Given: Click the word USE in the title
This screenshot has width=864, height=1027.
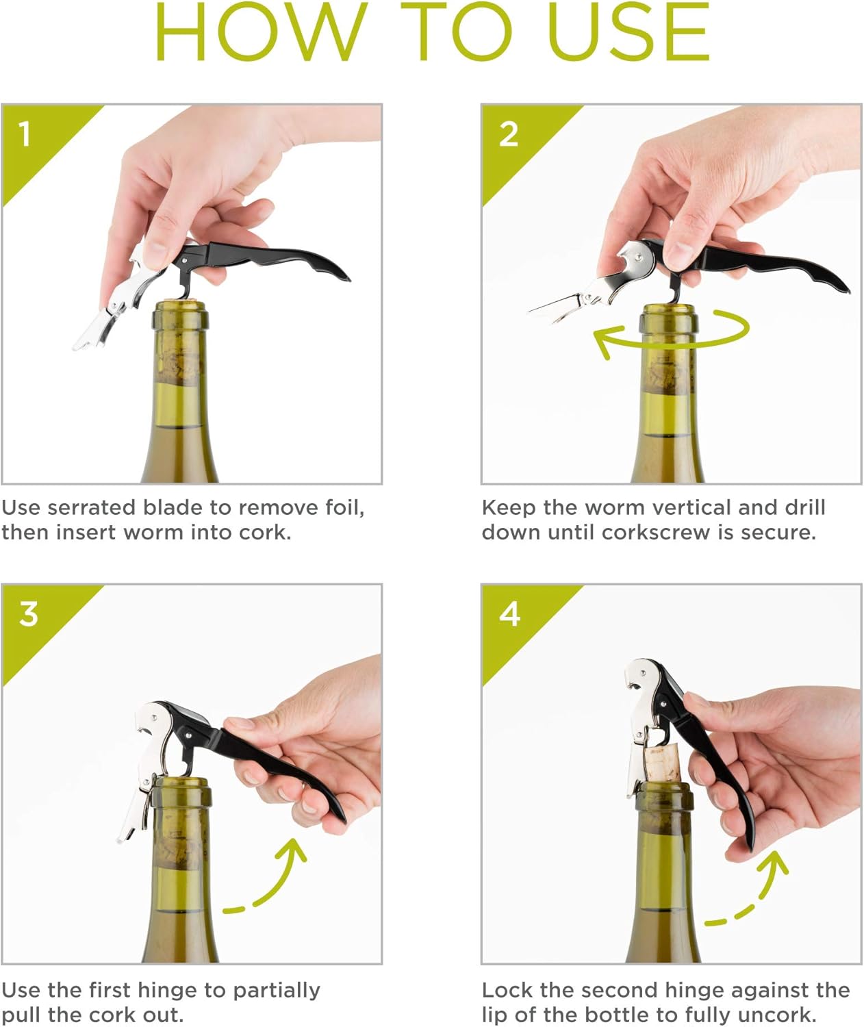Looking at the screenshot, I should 628,33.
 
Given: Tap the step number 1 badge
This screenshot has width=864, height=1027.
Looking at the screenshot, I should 25,134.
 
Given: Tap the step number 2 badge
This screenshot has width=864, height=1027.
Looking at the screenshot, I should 509,134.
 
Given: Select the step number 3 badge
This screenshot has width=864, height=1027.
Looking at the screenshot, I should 28,613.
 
